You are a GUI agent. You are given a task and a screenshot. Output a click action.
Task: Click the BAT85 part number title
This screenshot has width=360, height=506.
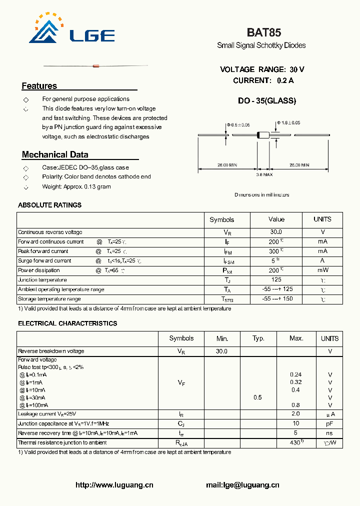coord(263,32)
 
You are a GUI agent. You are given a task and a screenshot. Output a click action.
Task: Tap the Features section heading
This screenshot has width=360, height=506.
coord(39,86)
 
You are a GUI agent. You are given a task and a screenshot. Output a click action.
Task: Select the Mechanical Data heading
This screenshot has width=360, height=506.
coord(55,154)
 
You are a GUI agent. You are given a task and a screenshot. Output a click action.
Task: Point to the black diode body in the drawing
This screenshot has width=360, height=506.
coord(262,134)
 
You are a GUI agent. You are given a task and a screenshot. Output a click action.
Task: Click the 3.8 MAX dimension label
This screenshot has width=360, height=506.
coord(264,174)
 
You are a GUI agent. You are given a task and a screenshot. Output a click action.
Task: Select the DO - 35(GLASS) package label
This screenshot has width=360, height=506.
coord(267,100)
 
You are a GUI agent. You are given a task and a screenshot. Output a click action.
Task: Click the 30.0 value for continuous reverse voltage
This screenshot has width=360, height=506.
coord(276,232)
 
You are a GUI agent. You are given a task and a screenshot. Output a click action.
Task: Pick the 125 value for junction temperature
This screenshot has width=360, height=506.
coord(276,280)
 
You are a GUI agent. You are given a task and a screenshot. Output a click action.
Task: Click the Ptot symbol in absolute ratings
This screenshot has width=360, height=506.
coord(228,270)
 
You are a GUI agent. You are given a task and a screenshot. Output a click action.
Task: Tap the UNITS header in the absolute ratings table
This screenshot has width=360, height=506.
coord(322,219)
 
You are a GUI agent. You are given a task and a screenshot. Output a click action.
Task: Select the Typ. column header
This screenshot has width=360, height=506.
coord(258,338)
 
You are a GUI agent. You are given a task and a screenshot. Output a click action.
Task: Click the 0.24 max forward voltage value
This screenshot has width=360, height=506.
coord(295,374)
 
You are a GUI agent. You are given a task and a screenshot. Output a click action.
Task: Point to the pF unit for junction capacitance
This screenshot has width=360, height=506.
coord(329,423)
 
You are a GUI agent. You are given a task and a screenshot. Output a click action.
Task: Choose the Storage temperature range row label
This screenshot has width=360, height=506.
coord(49,299)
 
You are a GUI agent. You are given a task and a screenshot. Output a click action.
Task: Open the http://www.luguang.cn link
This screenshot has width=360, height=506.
coord(114,485)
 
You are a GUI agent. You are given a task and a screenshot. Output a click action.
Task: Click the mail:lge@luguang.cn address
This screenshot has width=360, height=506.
coord(242,485)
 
